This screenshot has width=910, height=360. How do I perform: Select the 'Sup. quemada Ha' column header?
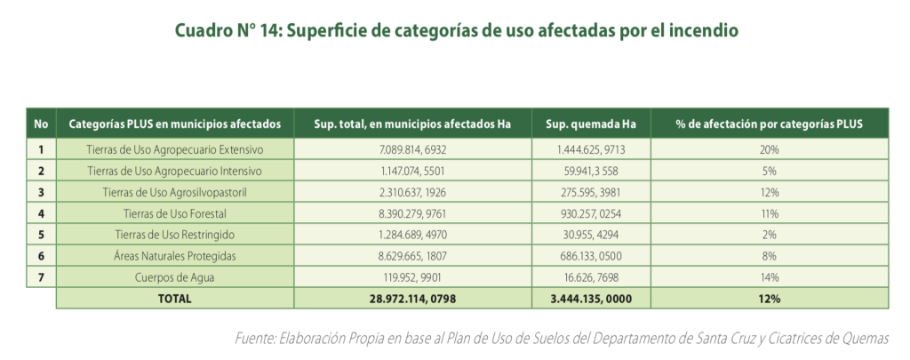coord(591,124)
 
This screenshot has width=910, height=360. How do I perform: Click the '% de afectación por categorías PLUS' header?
coord(769,124)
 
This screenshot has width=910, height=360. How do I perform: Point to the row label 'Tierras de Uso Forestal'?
coord(175,213)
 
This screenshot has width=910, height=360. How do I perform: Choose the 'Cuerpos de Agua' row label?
coord(175,277)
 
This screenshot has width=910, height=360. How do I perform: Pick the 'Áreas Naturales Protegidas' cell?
coord(175,256)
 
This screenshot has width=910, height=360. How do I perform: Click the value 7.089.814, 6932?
coord(412,149)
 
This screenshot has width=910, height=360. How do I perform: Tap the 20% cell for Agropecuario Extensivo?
coord(769,149)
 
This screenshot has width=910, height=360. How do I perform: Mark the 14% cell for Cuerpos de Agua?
coord(769,277)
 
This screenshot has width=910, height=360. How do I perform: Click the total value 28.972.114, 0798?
coord(412,299)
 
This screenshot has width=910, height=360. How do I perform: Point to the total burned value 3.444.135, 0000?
coord(591,299)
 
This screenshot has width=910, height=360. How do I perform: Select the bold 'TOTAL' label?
coord(175,299)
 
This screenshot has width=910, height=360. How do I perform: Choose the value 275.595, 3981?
coord(591,192)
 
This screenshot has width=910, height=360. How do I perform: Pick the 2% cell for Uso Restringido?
coord(769,235)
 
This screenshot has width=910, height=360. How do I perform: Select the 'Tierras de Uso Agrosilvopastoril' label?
coord(175,192)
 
